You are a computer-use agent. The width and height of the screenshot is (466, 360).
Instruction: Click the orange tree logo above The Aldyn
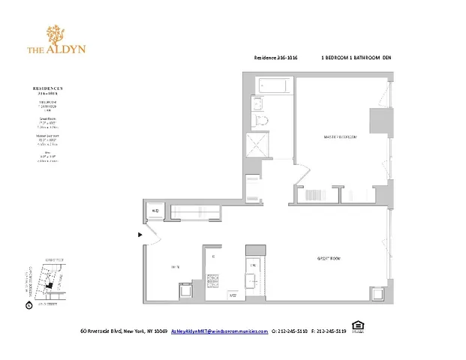click(56, 34)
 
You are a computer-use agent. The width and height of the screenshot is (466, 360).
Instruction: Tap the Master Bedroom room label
click(339, 137)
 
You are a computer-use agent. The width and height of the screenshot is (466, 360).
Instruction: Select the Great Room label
click(328, 259)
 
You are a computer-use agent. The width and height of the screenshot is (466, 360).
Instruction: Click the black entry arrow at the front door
click(140, 235)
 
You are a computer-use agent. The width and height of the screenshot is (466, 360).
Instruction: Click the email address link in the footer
click(219, 331)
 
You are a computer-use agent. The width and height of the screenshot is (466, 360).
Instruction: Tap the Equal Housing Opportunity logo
click(358, 326)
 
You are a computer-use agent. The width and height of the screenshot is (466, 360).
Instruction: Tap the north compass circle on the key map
click(29, 305)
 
